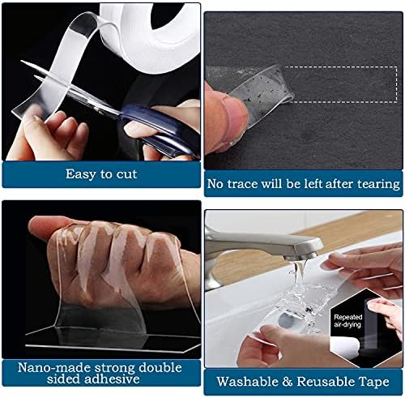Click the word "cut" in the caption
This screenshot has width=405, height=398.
(126, 174)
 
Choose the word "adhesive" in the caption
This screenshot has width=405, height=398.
(112, 379)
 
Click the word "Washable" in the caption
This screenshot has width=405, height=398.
(247, 382)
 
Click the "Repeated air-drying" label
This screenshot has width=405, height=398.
(347, 321)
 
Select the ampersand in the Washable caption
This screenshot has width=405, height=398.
(287, 382)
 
